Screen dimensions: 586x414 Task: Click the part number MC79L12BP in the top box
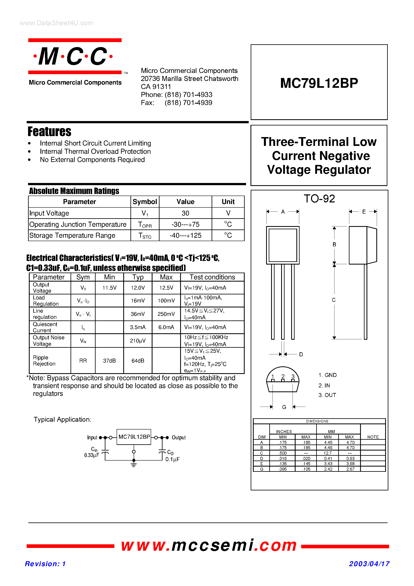click(319, 83)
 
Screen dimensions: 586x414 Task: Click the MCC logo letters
click(73, 56)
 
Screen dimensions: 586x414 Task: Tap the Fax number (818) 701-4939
click(188, 103)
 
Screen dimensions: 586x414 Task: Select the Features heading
click(49, 132)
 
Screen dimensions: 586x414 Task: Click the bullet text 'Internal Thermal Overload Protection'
click(95, 151)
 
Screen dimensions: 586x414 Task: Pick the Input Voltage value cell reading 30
click(185, 213)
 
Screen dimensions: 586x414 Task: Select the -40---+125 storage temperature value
click(185, 235)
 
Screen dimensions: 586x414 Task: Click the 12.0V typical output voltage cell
click(138, 288)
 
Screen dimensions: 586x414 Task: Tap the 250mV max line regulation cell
click(166, 314)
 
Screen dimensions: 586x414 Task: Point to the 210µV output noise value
click(138, 340)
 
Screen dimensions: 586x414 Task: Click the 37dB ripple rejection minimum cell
click(109, 360)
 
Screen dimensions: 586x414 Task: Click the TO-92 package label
click(319, 199)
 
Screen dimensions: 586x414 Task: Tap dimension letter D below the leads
click(301, 354)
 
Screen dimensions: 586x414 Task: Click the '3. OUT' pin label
click(327, 395)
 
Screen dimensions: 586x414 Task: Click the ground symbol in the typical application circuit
click(134, 465)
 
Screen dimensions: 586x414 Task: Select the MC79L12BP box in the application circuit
click(134, 437)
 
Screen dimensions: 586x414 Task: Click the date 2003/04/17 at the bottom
click(369, 564)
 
